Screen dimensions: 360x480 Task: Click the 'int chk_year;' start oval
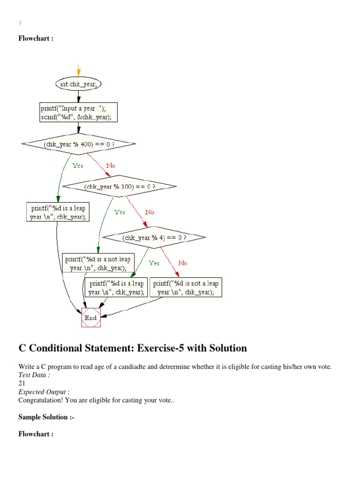pyautogui.click(x=79, y=84)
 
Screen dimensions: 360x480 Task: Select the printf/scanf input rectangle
pyautogui.click(x=79, y=113)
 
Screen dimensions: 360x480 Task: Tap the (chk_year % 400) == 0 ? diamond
pyautogui.click(x=79, y=144)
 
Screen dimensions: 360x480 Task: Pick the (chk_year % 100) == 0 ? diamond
pyautogui.click(x=120, y=186)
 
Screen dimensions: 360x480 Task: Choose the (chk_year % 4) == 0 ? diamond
pyautogui.click(x=154, y=238)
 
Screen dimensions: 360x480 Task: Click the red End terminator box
pyautogui.click(x=90, y=317)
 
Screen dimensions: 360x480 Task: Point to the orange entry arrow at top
pyautogui.click(x=79, y=71)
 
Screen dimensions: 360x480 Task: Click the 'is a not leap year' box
pyautogui.click(x=98, y=263)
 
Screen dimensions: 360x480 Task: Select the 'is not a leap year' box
pyautogui.click(x=186, y=287)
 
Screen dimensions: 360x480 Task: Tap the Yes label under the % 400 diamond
pyautogui.click(x=78, y=165)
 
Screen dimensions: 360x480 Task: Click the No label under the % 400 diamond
pyautogui.click(x=111, y=165)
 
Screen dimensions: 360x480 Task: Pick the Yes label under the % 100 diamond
pyautogui.click(x=120, y=212)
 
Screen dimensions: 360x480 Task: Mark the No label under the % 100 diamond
pyautogui.click(x=149, y=212)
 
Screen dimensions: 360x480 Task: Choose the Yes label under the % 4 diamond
pyautogui.click(x=154, y=263)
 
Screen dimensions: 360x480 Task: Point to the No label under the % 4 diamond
pyautogui.click(x=182, y=263)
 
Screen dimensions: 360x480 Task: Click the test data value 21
pyautogui.click(x=22, y=383)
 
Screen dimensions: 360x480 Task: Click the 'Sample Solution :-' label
pyautogui.click(x=46, y=417)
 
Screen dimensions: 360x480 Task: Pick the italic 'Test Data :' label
pyautogui.click(x=34, y=375)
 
